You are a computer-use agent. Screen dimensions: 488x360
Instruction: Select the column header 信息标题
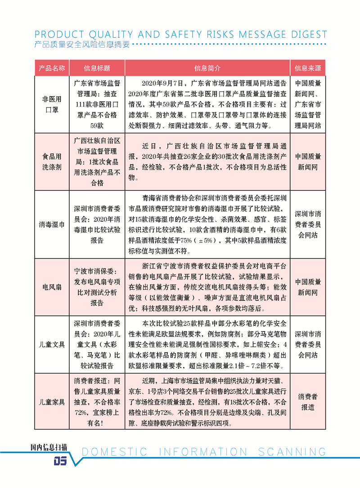pyautogui.click(x=97, y=68)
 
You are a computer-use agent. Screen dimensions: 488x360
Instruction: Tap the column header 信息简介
pyautogui.click(x=207, y=68)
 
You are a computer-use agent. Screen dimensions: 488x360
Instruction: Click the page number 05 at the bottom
pyautogui.click(x=60, y=461)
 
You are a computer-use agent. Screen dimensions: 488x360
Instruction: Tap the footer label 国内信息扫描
pyautogui.click(x=49, y=447)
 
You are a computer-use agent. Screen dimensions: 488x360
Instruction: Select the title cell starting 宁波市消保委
pyautogui.click(x=97, y=287)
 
